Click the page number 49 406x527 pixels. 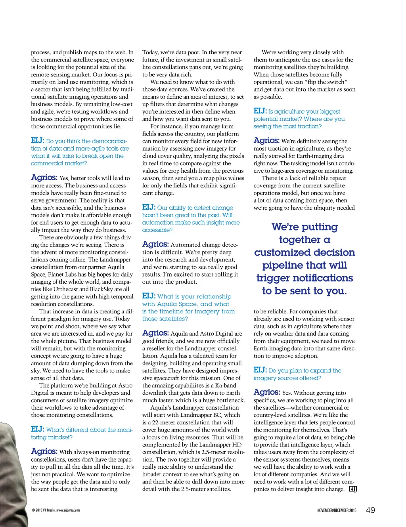pos(370,510)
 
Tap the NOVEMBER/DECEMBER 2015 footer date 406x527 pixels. pos(337,510)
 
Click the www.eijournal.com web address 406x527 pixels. pos(68,510)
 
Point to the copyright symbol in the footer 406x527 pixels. pos(33,510)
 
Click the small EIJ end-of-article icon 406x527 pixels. pos(353,489)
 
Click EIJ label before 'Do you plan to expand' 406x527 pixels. pos(260,370)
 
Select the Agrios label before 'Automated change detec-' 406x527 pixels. pos(155,244)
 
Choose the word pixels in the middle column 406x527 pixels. pos(236,156)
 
